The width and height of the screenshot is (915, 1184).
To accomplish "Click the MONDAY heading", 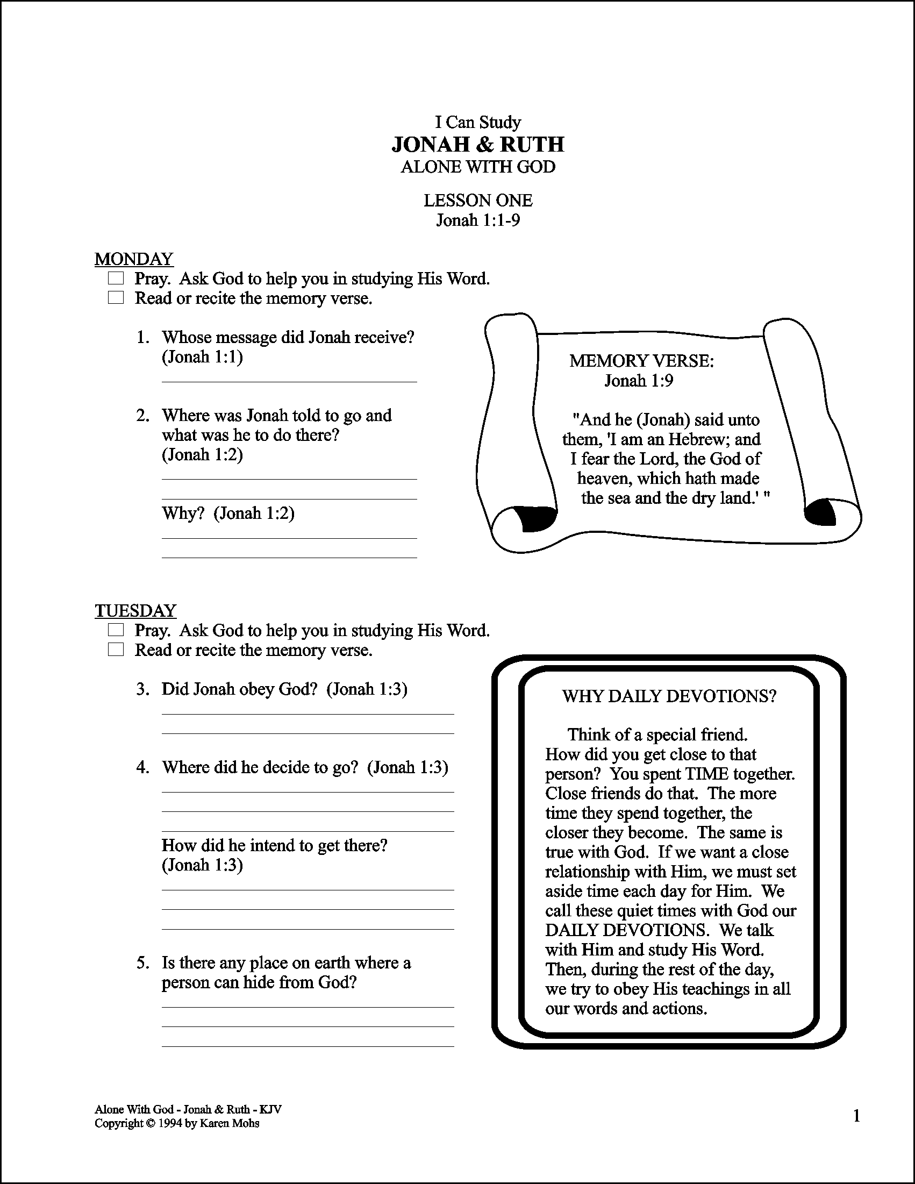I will [134, 259].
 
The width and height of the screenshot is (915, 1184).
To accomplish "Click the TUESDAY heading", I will [135, 611].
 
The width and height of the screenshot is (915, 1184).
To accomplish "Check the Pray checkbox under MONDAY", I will [116, 279].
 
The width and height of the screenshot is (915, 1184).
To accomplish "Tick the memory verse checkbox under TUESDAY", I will [116, 650].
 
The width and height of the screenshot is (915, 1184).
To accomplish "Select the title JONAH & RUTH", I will [477, 144].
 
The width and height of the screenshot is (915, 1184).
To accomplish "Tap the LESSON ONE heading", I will [477, 201].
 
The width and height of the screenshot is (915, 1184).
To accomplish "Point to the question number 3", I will [142, 689].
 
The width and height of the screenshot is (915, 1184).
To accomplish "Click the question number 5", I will [142, 963].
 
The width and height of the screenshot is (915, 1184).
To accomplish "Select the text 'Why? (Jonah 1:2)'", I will [227, 513].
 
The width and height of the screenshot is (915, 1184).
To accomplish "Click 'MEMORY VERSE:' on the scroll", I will [641, 361].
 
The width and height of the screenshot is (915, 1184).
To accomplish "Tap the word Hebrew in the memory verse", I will [699, 439].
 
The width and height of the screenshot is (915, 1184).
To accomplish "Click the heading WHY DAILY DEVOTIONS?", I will [669, 696].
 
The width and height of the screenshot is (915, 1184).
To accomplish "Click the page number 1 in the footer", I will [857, 1116].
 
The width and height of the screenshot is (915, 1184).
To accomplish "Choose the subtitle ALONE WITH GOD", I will [477, 167].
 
